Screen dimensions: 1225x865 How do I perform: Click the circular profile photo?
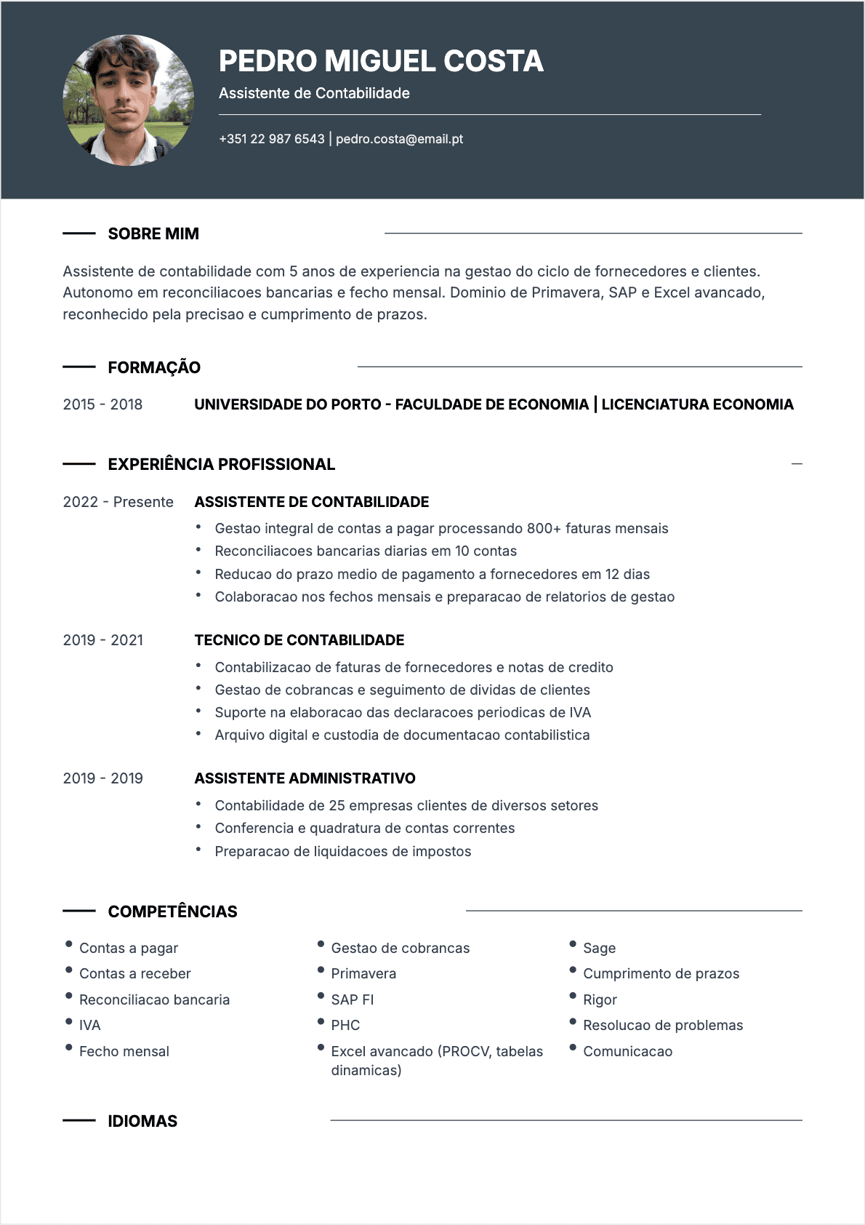[x=129, y=100]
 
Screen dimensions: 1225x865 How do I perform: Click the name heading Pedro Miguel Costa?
[x=381, y=61]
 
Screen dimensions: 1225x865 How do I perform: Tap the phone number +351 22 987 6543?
[x=272, y=139]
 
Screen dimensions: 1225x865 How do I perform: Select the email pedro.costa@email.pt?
[x=399, y=139]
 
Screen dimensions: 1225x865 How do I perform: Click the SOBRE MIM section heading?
[x=153, y=234]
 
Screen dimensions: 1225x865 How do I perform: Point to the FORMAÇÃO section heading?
[x=154, y=367]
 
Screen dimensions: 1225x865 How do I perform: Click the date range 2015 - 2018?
[x=102, y=404]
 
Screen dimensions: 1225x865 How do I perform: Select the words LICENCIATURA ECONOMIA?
[x=697, y=404]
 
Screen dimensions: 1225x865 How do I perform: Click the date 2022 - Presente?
[x=118, y=502]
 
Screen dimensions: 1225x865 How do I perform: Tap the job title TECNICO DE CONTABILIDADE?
[x=299, y=640]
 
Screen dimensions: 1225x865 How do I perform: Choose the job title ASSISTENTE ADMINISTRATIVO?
[x=305, y=778]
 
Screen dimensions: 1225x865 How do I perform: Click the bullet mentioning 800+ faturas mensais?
[x=441, y=528]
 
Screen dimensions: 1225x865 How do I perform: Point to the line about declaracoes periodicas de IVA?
[x=403, y=712]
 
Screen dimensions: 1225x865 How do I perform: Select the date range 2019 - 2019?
[x=102, y=778]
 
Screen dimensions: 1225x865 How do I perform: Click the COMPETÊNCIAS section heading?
[x=172, y=911]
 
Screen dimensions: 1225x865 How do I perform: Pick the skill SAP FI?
[x=353, y=999]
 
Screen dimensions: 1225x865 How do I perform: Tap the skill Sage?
[x=599, y=948]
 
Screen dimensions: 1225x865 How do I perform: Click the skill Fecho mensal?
[x=124, y=1051]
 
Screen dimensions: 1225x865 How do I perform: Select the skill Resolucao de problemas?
[x=663, y=1025]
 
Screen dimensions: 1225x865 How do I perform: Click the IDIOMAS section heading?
[x=142, y=1121]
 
